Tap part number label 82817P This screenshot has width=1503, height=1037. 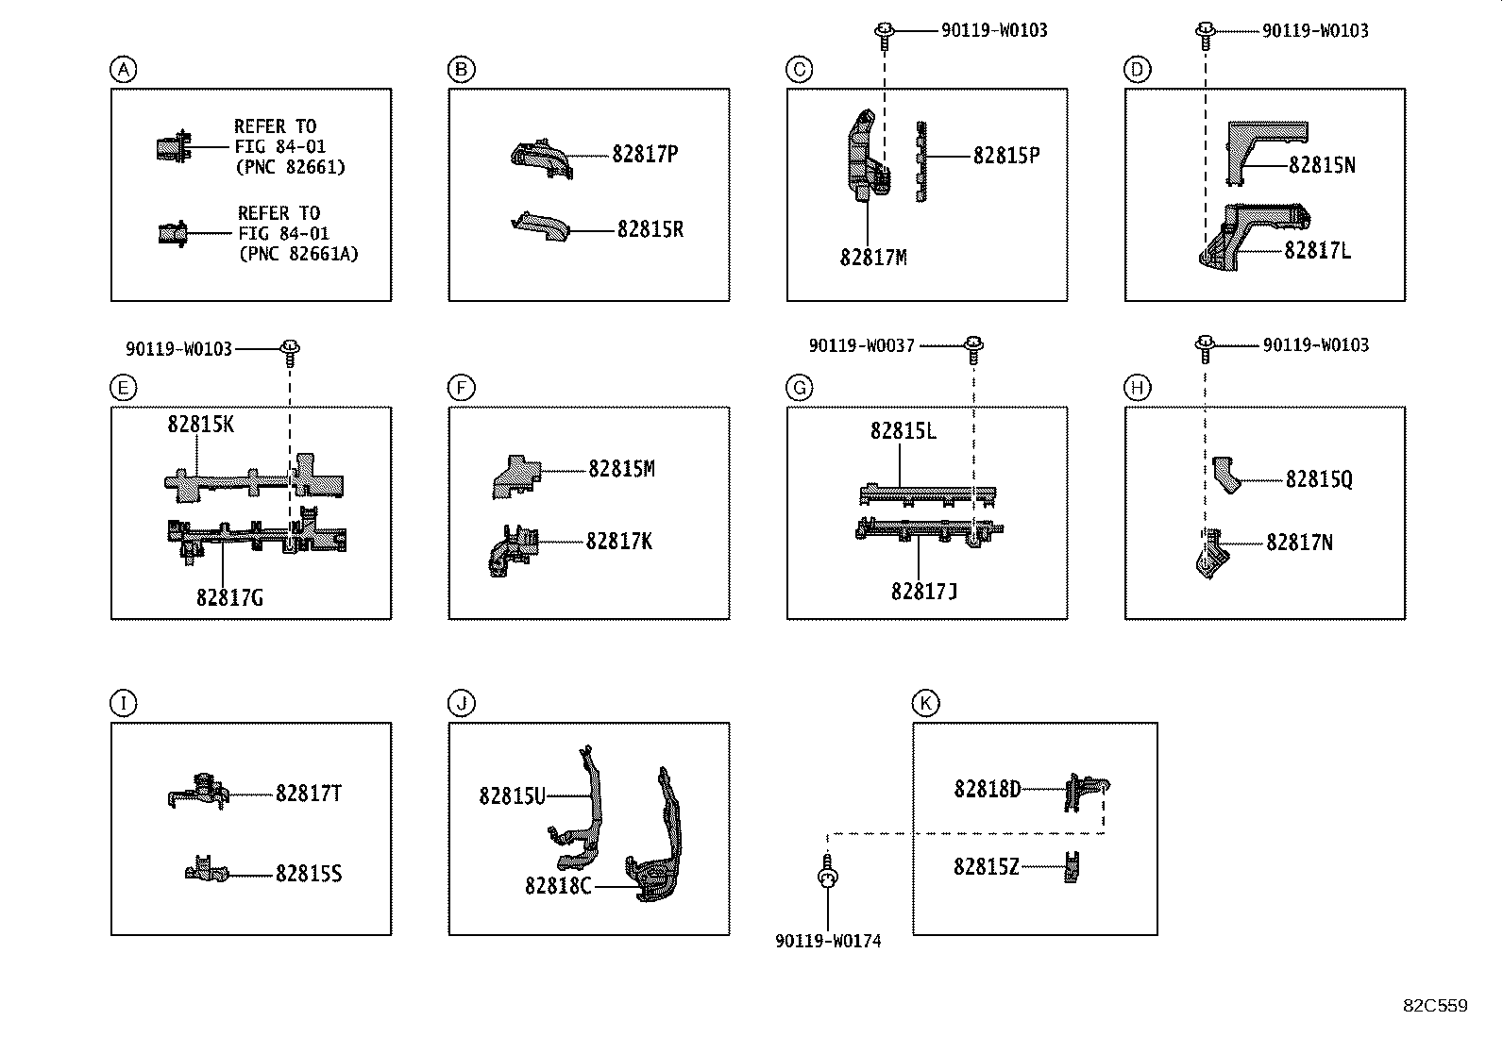click(644, 154)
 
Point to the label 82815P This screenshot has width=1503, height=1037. click(1006, 156)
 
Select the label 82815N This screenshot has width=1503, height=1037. click(1322, 165)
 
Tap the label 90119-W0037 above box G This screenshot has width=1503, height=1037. click(861, 346)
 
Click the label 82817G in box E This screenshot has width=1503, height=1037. click(229, 597)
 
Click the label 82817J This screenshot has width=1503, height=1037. click(924, 592)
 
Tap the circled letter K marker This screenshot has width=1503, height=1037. click(925, 703)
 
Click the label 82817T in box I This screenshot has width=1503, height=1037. click(309, 794)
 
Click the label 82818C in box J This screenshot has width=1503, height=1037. click(558, 886)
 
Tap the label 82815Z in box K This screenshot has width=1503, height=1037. click(986, 866)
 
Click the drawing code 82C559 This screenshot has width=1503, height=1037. click(1434, 1005)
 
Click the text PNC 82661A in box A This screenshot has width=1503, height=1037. click(298, 254)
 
